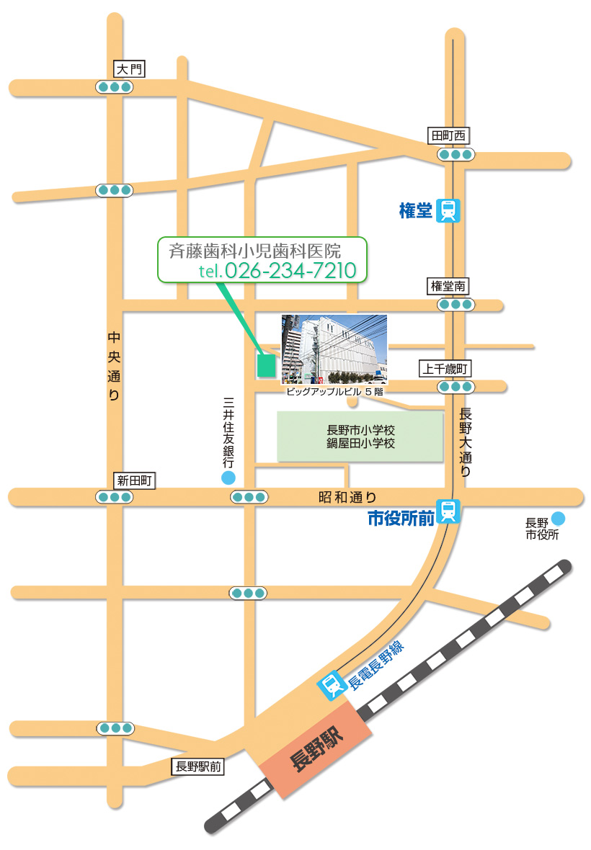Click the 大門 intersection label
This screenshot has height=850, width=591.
click(x=130, y=69)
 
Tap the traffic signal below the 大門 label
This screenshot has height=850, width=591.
click(x=115, y=87)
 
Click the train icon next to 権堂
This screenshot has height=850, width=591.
click(x=448, y=211)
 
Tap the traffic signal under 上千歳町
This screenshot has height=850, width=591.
click(x=455, y=387)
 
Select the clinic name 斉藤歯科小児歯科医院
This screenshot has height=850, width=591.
click(x=254, y=251)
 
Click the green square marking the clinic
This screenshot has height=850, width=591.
click(x=266, y=366)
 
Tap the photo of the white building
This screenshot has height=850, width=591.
click(x=334, y=349)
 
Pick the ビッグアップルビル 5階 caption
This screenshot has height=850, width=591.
click(x=334, y=391)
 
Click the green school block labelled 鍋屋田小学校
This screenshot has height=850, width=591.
click(x=360, y=437)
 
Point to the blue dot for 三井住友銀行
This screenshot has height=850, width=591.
click(x=228, y=478)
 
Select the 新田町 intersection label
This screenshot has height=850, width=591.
click(x=134, y=480)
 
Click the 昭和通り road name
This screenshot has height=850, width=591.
click(x=347, y=496)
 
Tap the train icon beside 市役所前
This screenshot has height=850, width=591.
click(x=448, y=511)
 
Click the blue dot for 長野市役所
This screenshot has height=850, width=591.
click(x=558, y=518)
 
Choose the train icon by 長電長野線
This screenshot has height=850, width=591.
click(x=332, y=686)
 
